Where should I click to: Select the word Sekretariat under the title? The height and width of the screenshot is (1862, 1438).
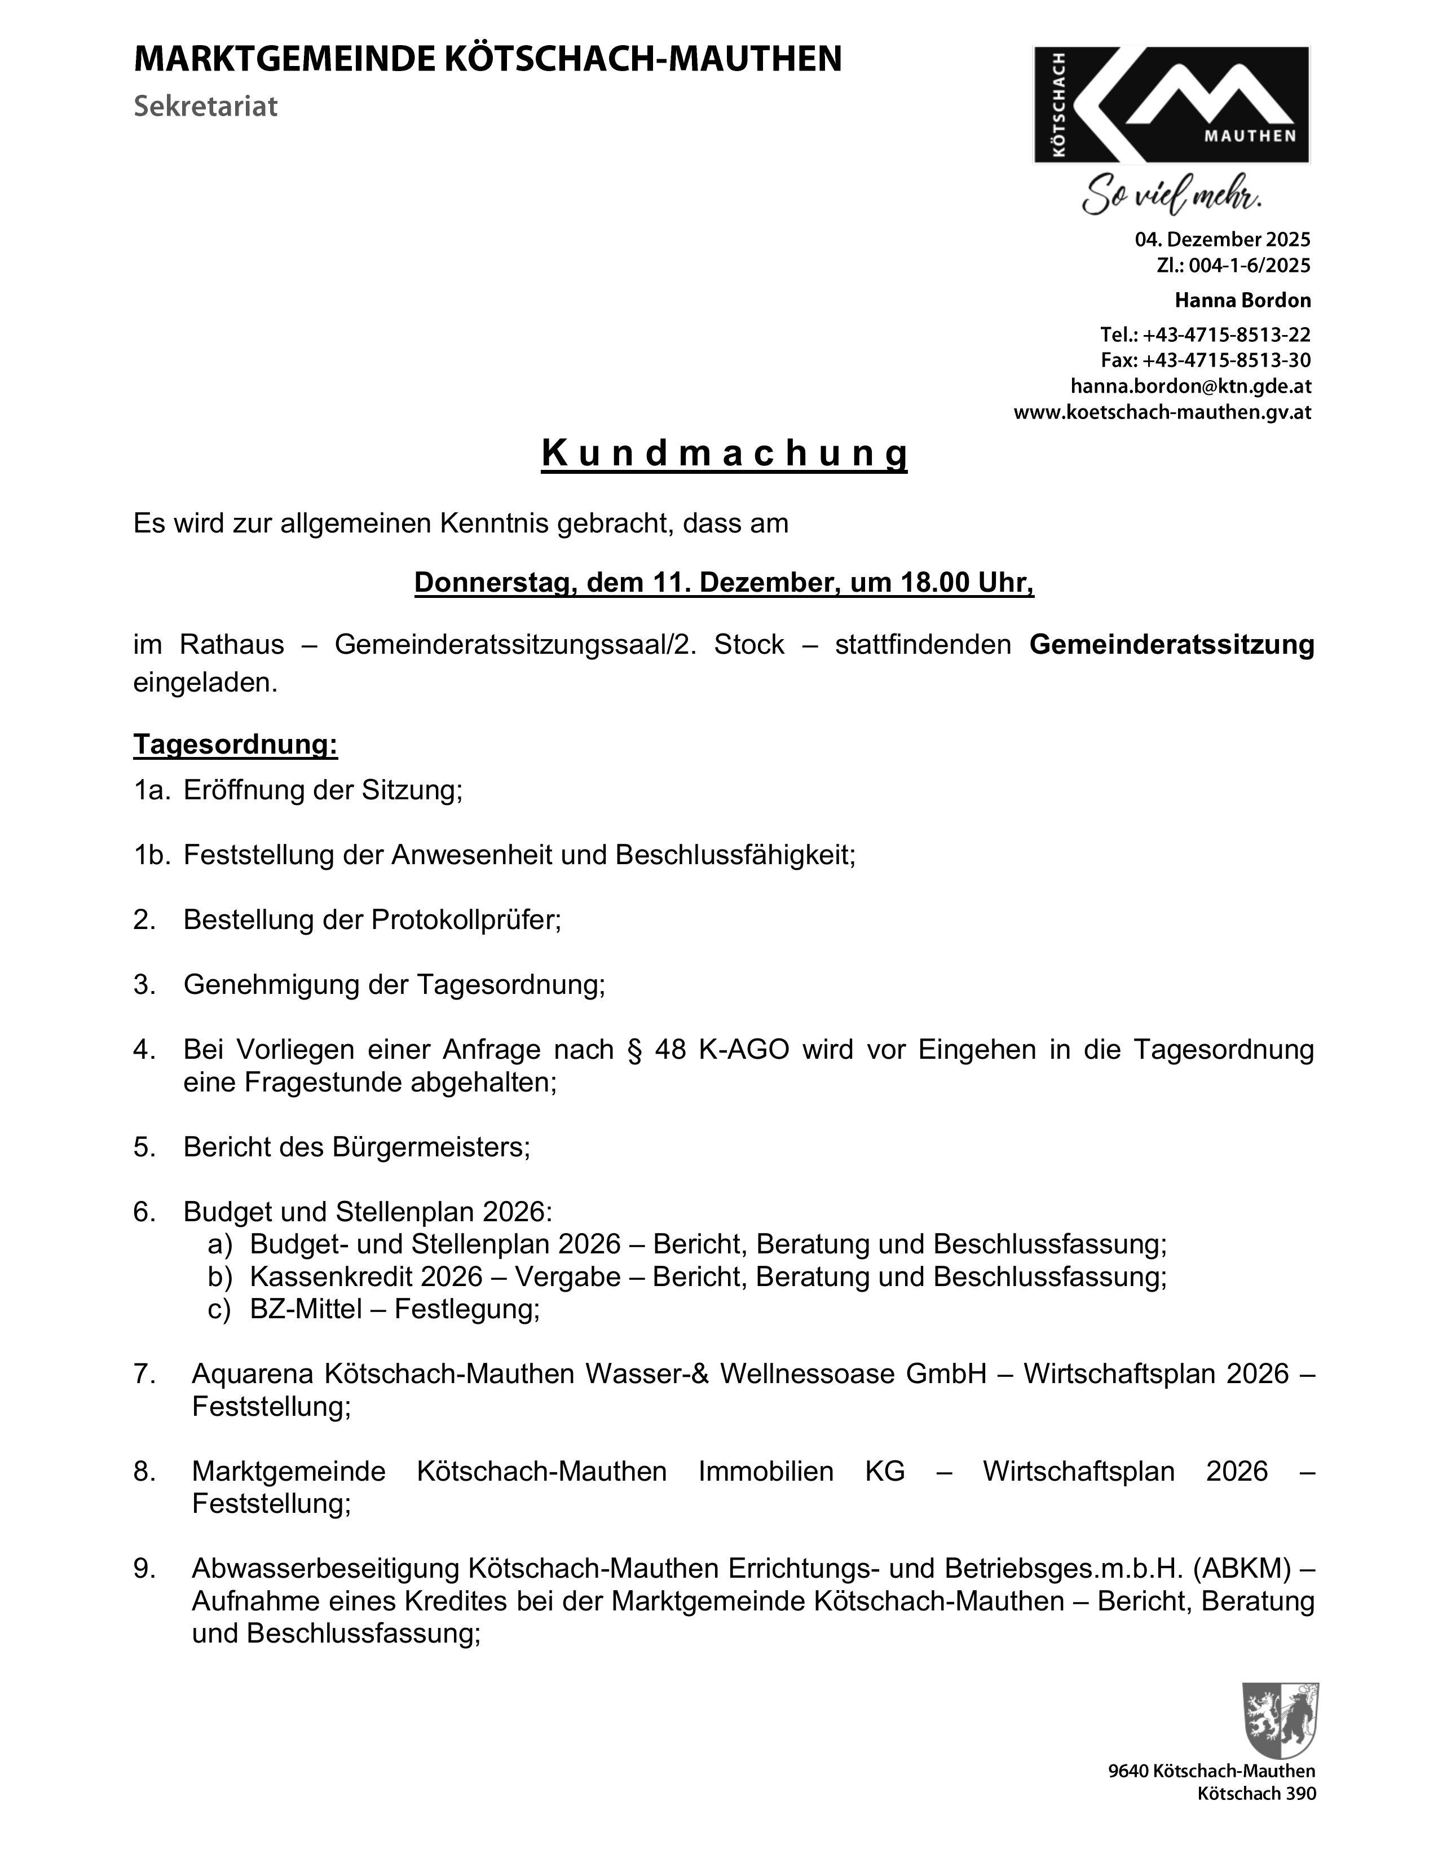pos(205,107)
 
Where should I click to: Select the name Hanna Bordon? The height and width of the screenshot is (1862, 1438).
pos(1242,300)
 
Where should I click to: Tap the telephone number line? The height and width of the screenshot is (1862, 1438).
pos(1205,334)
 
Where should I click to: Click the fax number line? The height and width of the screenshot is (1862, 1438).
pos(1205,360)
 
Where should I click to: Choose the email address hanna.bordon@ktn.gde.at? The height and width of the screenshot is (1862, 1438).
pos(1190,386)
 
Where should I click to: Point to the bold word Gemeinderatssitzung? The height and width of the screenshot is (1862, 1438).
pos(1171,645)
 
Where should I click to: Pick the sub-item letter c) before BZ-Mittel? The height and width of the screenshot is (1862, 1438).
pos(219,1308)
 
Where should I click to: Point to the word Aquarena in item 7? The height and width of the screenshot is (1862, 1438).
pos(257,1374)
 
